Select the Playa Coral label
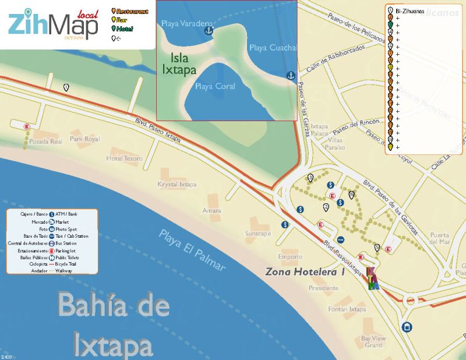(x=215, y=86)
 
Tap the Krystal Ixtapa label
(x=177, y=185)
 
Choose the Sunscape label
(x=258, y=233)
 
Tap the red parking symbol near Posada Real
(x=26, y=126)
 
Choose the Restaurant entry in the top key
(x=131, y=11)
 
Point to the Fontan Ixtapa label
(x=346, y=309)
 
